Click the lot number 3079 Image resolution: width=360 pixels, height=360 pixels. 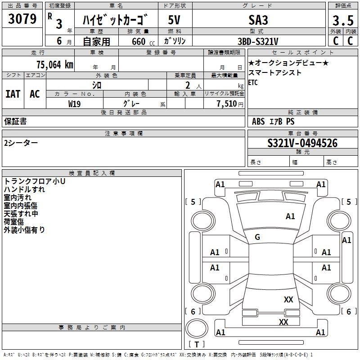click(22, 19)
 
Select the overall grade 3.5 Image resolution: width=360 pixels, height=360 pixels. click(343, 20)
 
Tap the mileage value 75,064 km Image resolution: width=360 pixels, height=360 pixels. click(55, 64)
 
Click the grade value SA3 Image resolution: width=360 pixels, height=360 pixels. click(258, 20)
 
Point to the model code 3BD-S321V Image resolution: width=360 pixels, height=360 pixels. click(258, 41)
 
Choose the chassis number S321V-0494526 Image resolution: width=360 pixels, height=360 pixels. click(302, 143)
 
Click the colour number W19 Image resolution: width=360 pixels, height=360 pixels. click(74, 104)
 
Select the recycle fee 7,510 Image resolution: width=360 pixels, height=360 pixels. click(227, 103)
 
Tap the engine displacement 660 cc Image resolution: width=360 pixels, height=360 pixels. click(143, 41)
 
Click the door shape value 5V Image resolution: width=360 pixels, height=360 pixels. click(174, 20)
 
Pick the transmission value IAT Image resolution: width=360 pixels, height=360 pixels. click(13, 94)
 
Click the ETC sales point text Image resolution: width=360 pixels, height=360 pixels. click(253, 82)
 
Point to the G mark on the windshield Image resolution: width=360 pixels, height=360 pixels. click(257, 237)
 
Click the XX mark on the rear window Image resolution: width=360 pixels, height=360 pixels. click(288, 299)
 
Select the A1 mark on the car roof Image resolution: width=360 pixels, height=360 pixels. click(290, 216)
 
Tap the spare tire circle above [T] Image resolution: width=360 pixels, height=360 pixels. click(197, 328)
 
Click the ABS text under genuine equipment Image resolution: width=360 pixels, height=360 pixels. click(258, 121)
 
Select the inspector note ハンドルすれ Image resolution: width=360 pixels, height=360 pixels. click(24, 189)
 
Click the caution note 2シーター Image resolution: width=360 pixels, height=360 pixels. click(21, 143)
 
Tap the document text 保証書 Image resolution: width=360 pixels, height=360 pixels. click(15, 121)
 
